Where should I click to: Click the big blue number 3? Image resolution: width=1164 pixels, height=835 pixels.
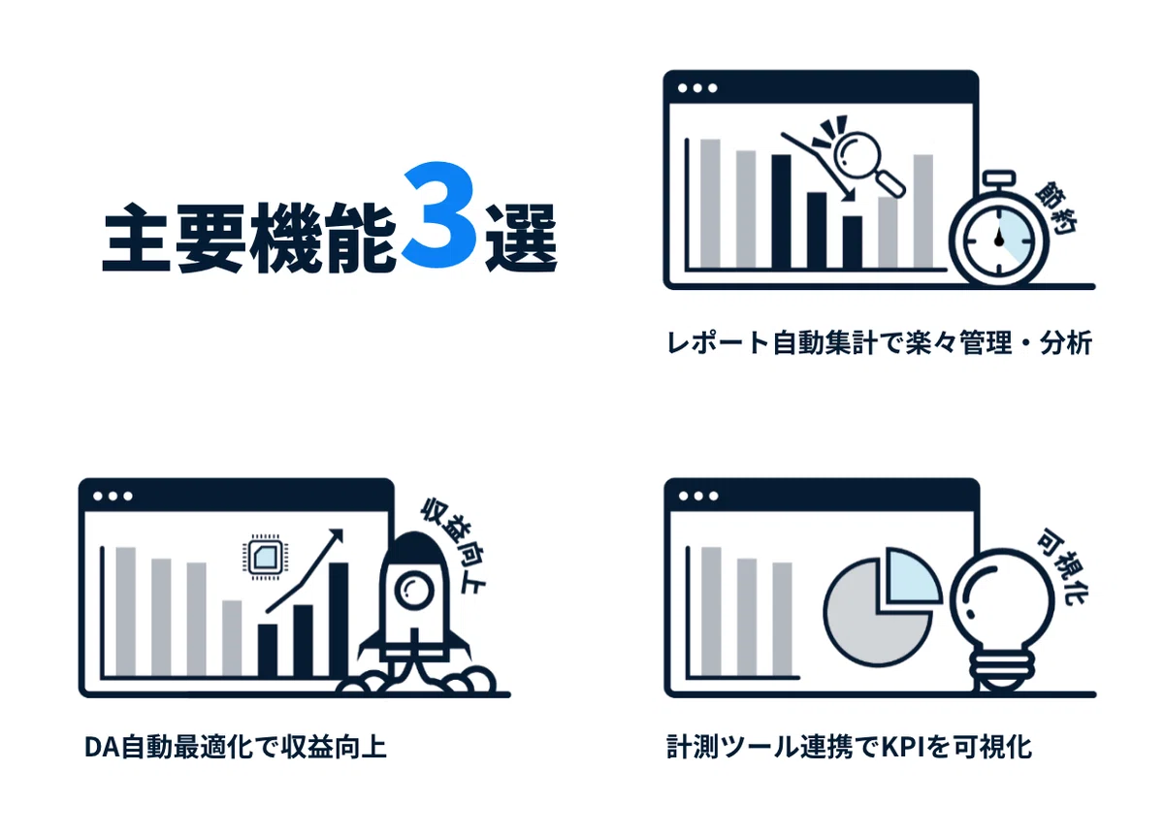[x=439, y=214]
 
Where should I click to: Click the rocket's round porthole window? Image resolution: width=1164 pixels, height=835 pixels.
[x=413, y=591]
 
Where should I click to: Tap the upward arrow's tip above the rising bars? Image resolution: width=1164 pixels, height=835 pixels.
[x=342, y=530]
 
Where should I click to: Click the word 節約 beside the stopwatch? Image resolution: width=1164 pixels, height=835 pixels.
[x=1056, y=208]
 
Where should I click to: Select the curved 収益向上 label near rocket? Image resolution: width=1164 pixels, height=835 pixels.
[x=453, y=546]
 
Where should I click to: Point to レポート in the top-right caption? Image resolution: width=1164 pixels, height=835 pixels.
[x=718, y=343]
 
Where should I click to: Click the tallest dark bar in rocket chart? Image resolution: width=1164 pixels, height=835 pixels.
[x=339, y=620]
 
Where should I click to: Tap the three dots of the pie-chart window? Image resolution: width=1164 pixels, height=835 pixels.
[x=698, y=497]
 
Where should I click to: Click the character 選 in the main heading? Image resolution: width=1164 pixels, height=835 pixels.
[x=521, y=238]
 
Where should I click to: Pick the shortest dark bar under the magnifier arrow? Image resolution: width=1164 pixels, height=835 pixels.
[x=853, y=242]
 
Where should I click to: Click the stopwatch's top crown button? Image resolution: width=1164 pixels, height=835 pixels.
[x=999, y=178]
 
